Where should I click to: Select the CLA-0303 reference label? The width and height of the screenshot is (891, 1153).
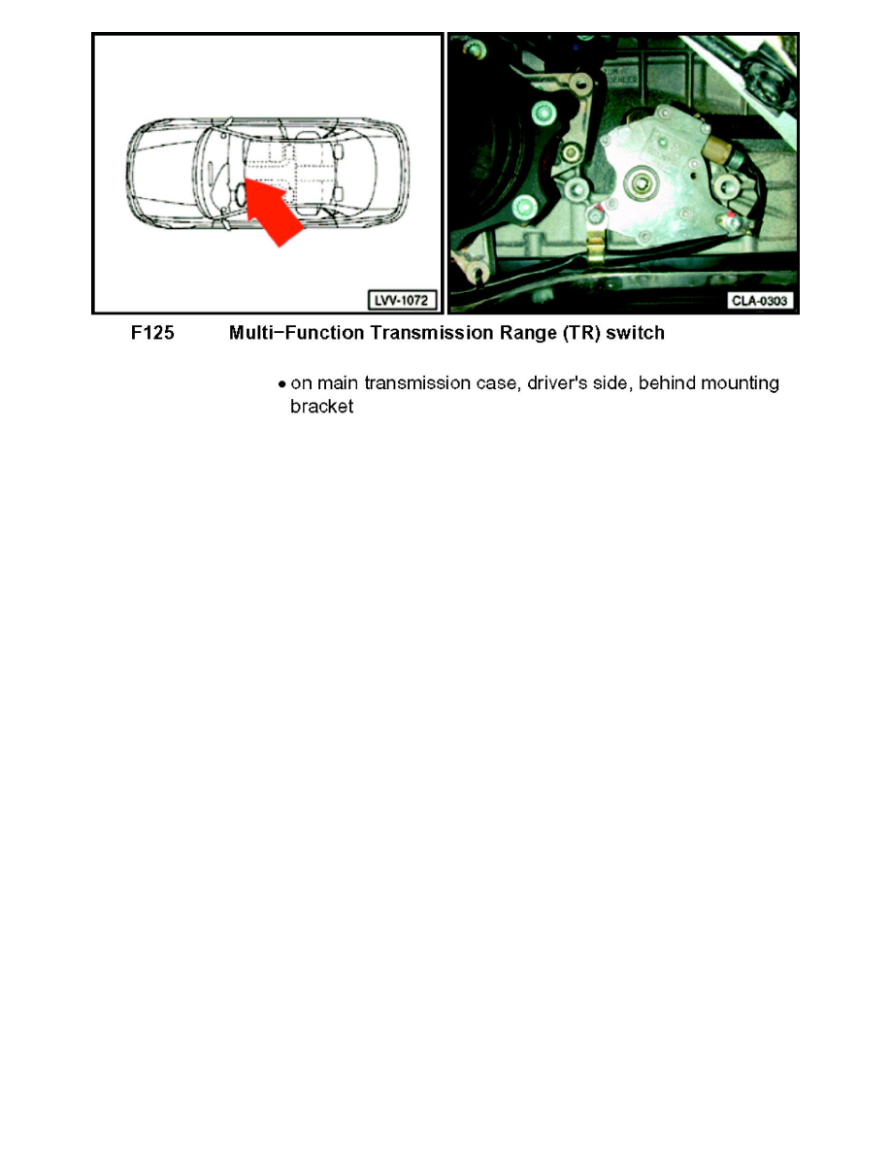761,301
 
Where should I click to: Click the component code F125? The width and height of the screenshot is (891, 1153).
153,333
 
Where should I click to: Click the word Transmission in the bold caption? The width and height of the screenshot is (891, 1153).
413,333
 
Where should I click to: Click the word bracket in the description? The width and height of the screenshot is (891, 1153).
321,408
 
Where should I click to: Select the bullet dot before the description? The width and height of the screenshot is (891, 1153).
281,384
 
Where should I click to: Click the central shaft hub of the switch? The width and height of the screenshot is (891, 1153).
641,181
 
